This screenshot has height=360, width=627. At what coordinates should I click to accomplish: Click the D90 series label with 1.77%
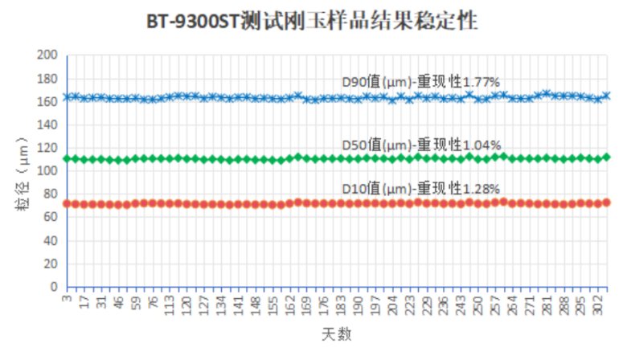click(421, 80)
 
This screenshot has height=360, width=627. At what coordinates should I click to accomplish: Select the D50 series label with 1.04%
click(421, 145)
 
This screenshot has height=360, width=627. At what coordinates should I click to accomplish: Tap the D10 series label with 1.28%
click(421, 188)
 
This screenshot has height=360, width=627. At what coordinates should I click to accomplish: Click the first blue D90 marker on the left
click(67, 97)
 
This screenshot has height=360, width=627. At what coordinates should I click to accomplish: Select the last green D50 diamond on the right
click(606, 157)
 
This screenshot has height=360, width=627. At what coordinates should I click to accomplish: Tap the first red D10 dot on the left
click(67, 204)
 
